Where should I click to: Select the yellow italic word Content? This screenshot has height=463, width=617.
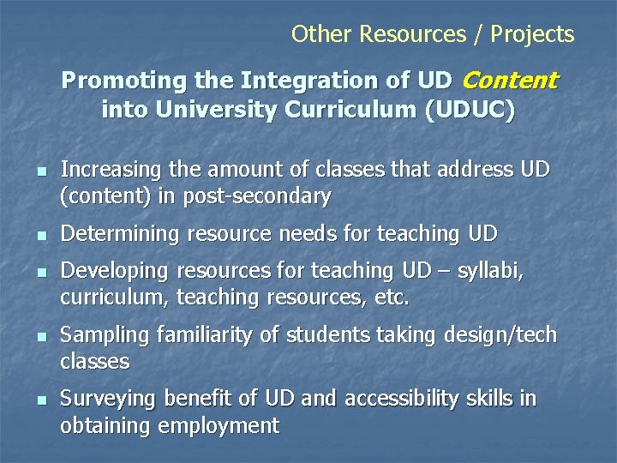510,81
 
